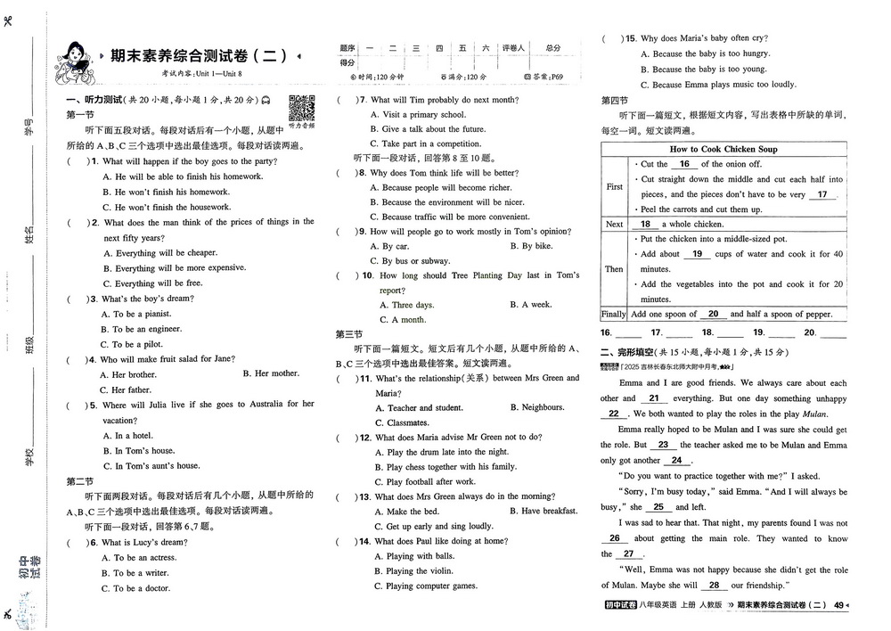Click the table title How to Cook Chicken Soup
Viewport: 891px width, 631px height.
(723, 149)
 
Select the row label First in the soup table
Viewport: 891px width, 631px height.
(614, 187)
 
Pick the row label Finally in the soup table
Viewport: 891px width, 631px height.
(614, 314)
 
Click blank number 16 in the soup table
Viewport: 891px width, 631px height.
(684, 164)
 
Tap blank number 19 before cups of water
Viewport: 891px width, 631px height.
(697, 254)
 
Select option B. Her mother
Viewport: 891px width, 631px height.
(271, 373)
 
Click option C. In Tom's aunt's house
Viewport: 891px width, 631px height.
(151, 465)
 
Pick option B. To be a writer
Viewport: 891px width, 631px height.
(141, 573)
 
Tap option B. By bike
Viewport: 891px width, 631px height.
(531, 246)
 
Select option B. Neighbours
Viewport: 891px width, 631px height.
(537, 407)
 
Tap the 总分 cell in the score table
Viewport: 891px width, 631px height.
(553, 47)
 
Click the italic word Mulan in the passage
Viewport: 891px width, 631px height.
(814, 414)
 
